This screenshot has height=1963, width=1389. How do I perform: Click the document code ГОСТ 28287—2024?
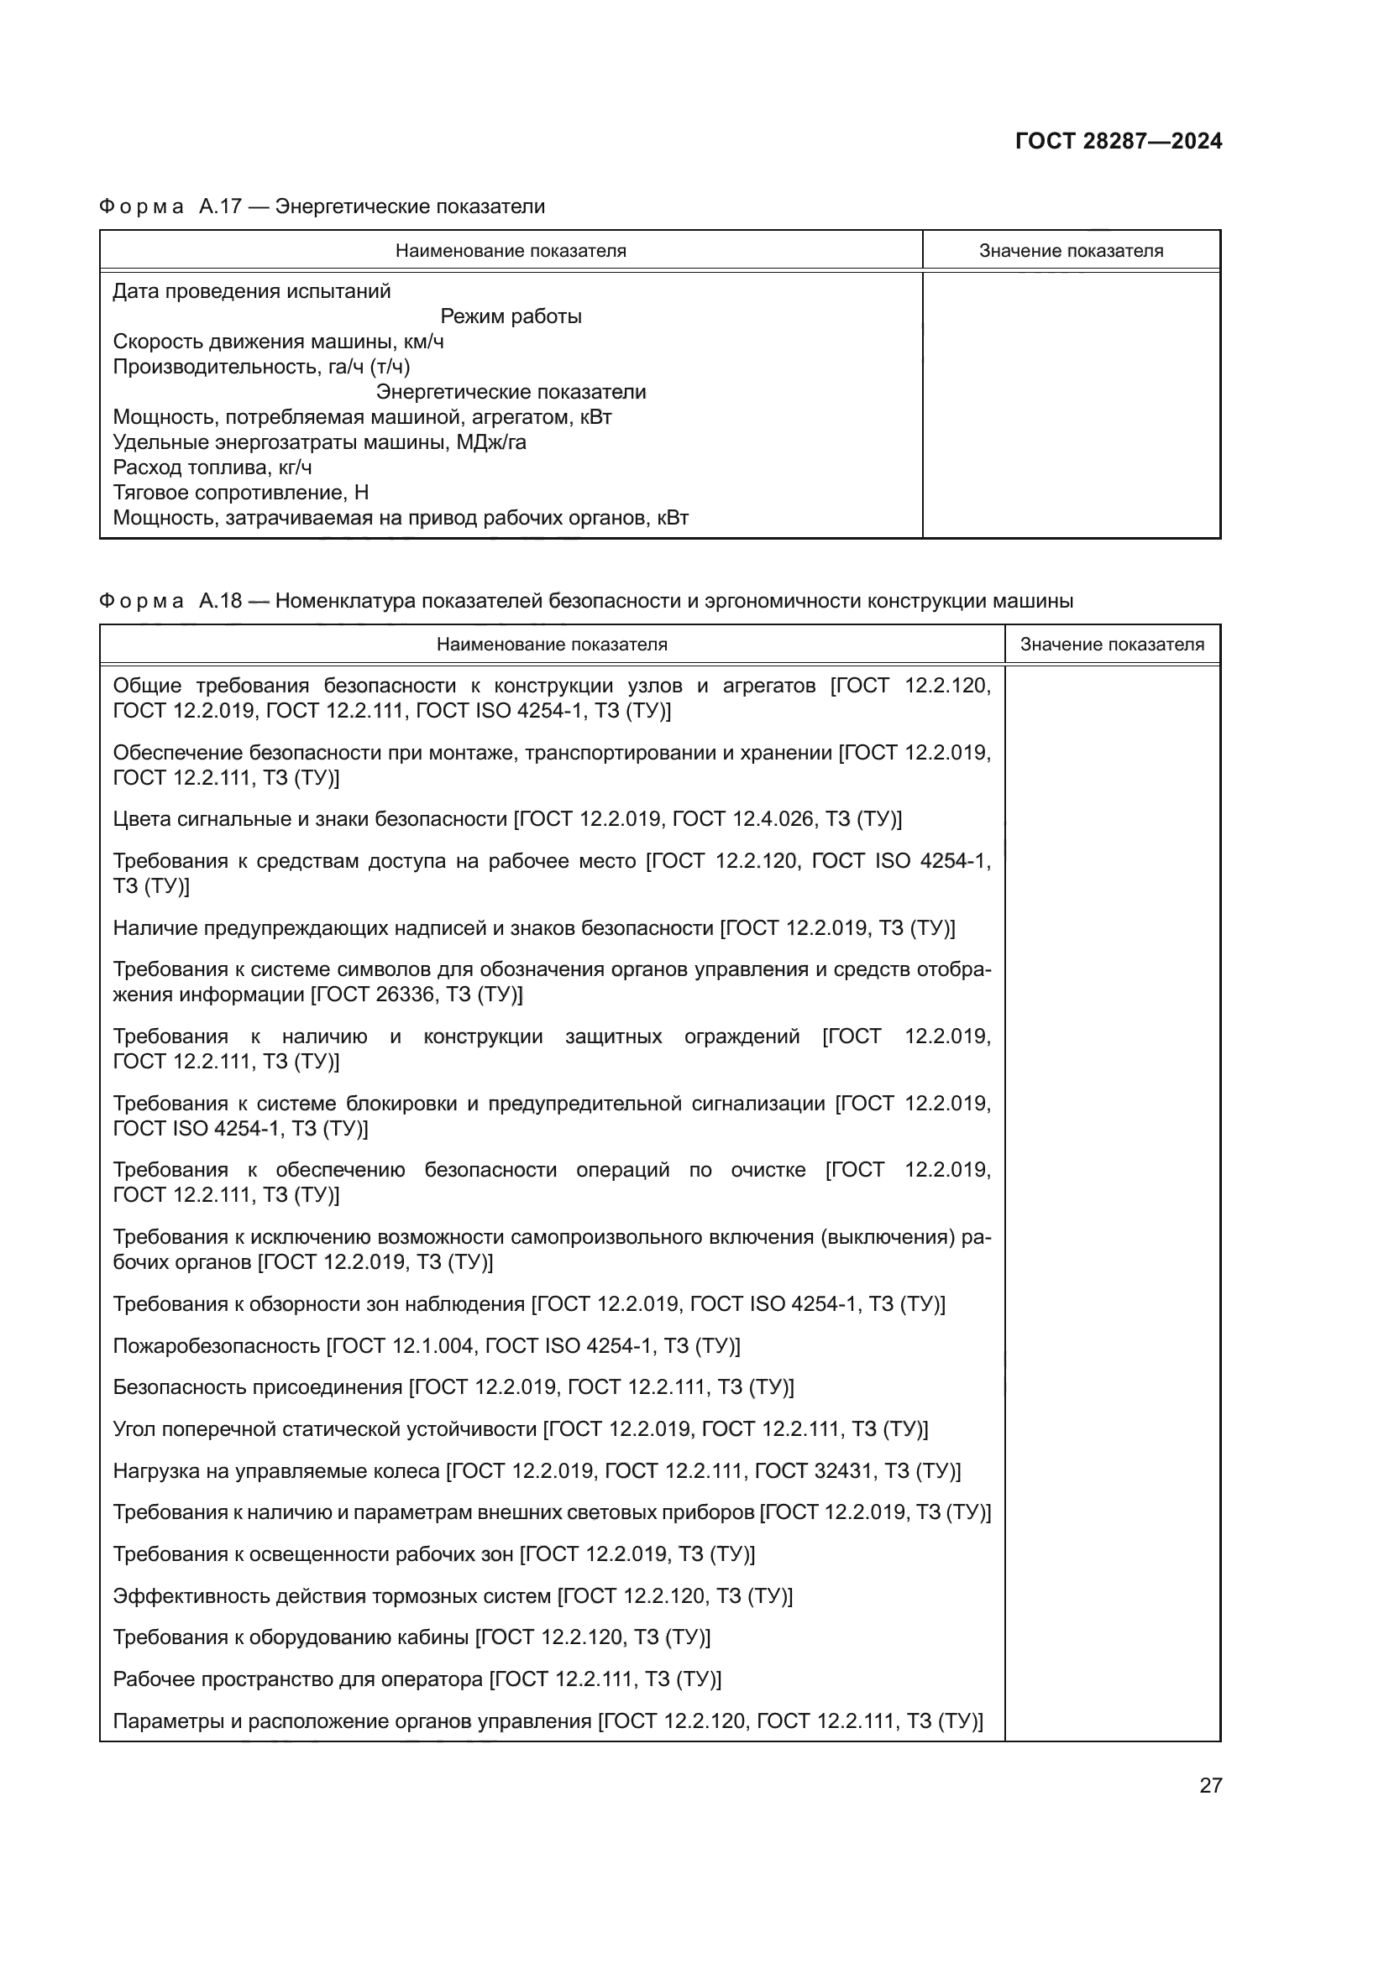click(1118, 141)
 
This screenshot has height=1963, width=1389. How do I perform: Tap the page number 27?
click(1210, 1785)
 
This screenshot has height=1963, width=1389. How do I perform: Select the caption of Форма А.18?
click(586, 601)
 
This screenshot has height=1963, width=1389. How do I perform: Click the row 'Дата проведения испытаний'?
click(251, 291)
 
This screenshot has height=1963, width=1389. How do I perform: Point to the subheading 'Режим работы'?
click(511, 316)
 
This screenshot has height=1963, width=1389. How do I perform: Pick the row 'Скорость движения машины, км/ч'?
click(278, 342)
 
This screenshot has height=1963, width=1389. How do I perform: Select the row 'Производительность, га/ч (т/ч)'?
click(261, 367)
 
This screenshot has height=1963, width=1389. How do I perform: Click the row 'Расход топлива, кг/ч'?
click(212, 467)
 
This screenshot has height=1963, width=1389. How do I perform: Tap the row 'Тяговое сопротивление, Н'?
click(240, 493)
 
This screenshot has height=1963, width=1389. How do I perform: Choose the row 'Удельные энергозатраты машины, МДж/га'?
click(319, 442)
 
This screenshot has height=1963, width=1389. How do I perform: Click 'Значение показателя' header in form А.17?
click(1071, 250)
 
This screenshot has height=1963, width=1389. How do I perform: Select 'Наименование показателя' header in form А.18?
click(552, 645)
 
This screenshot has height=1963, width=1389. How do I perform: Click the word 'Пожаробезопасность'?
click(217, 1345)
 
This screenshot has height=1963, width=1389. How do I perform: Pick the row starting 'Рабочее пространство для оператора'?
click(417, 1679)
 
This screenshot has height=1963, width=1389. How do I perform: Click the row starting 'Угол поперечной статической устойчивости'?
click(520, 1428)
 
